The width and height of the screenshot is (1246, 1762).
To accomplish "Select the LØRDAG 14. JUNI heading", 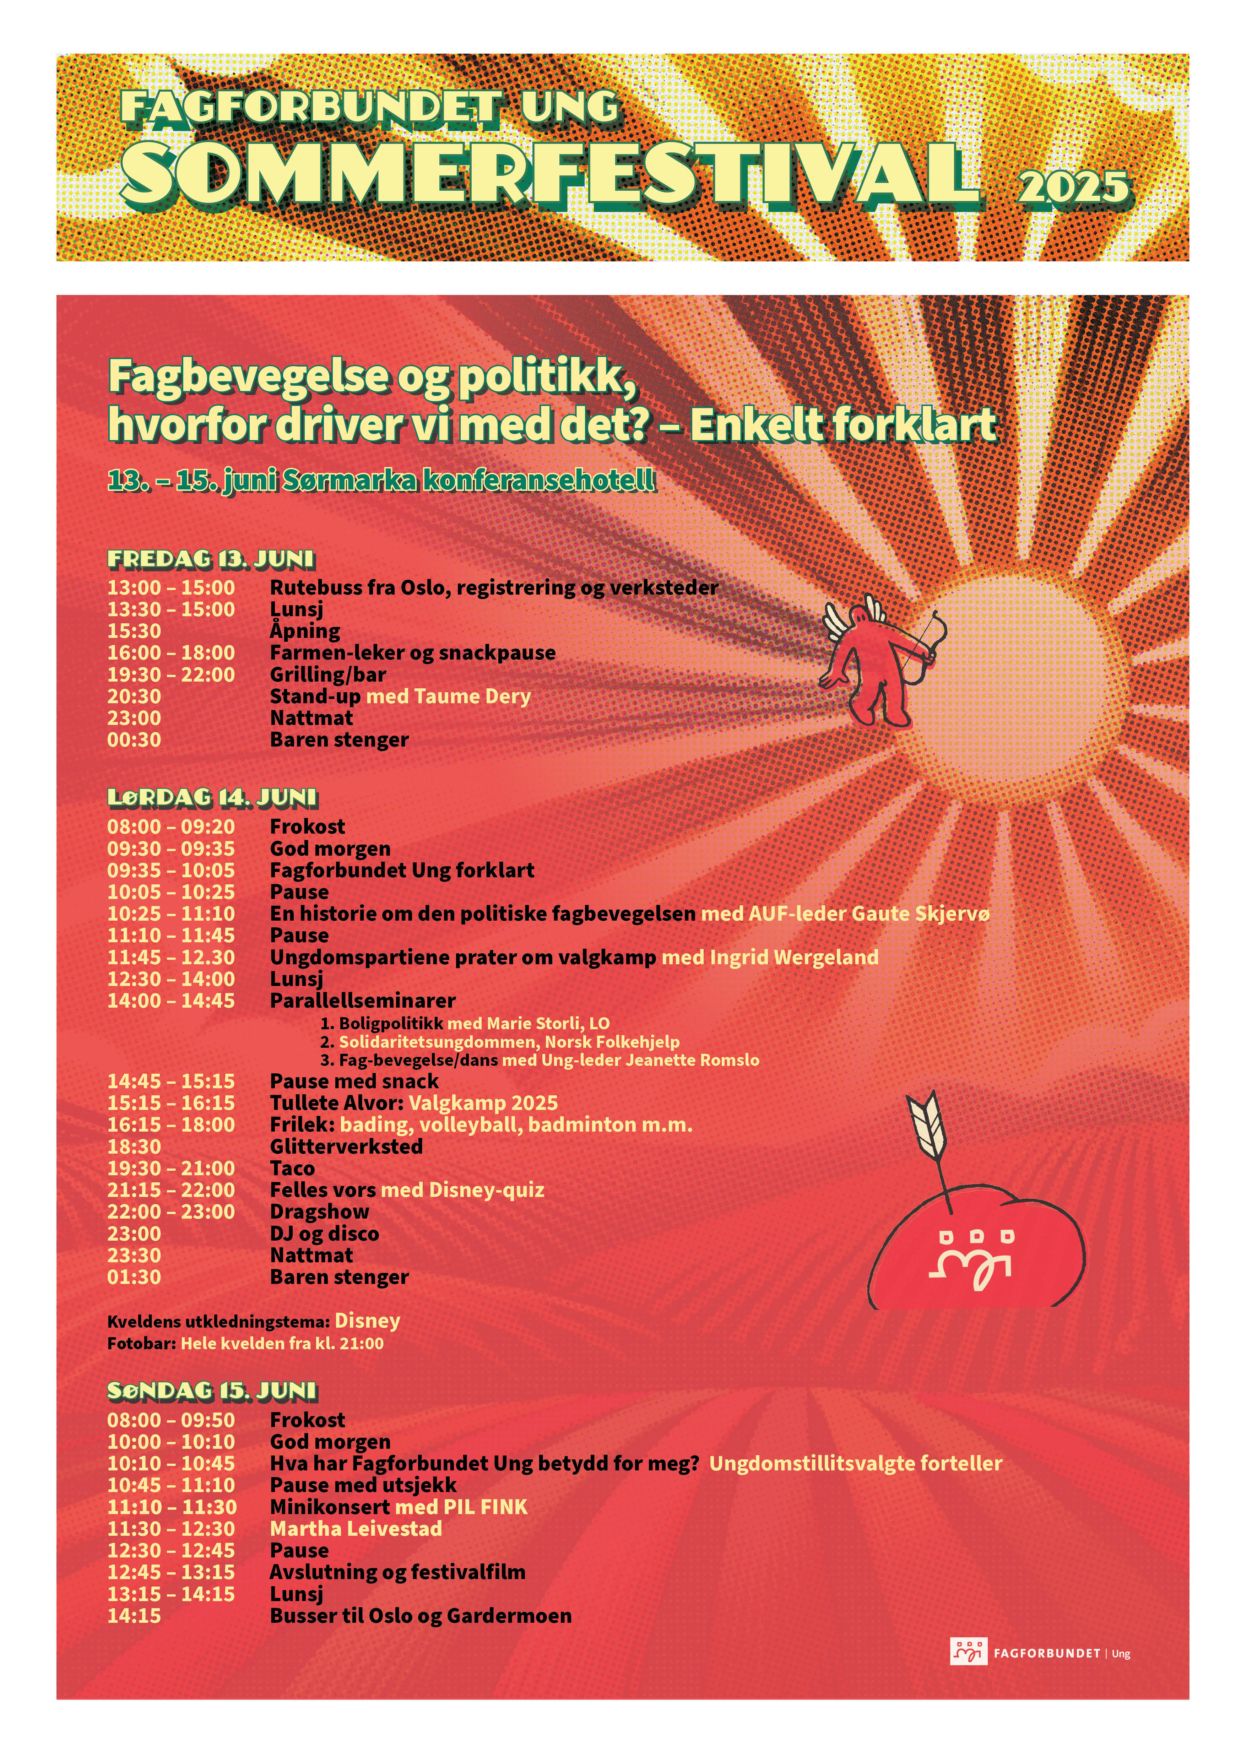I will [212, 798].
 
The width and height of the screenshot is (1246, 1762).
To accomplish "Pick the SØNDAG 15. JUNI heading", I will [212, 1390].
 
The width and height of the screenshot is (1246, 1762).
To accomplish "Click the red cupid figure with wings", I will [878, 662].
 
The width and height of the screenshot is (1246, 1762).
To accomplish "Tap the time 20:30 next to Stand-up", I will [134, 697].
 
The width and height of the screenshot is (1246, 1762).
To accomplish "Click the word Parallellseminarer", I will [363, 1001].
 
